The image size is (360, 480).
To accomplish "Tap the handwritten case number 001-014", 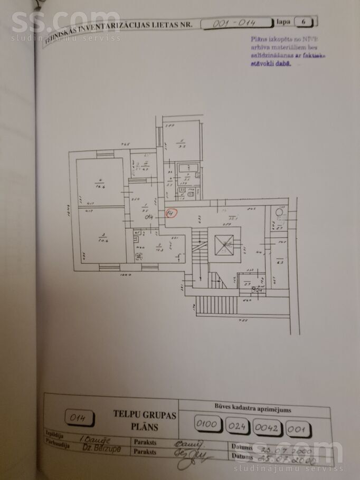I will point(234,23).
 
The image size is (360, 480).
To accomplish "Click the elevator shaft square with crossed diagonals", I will point(225,244).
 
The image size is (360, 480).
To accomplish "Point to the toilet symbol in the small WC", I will point(191,194).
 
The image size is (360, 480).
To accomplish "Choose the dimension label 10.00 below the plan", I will point(125,275).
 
